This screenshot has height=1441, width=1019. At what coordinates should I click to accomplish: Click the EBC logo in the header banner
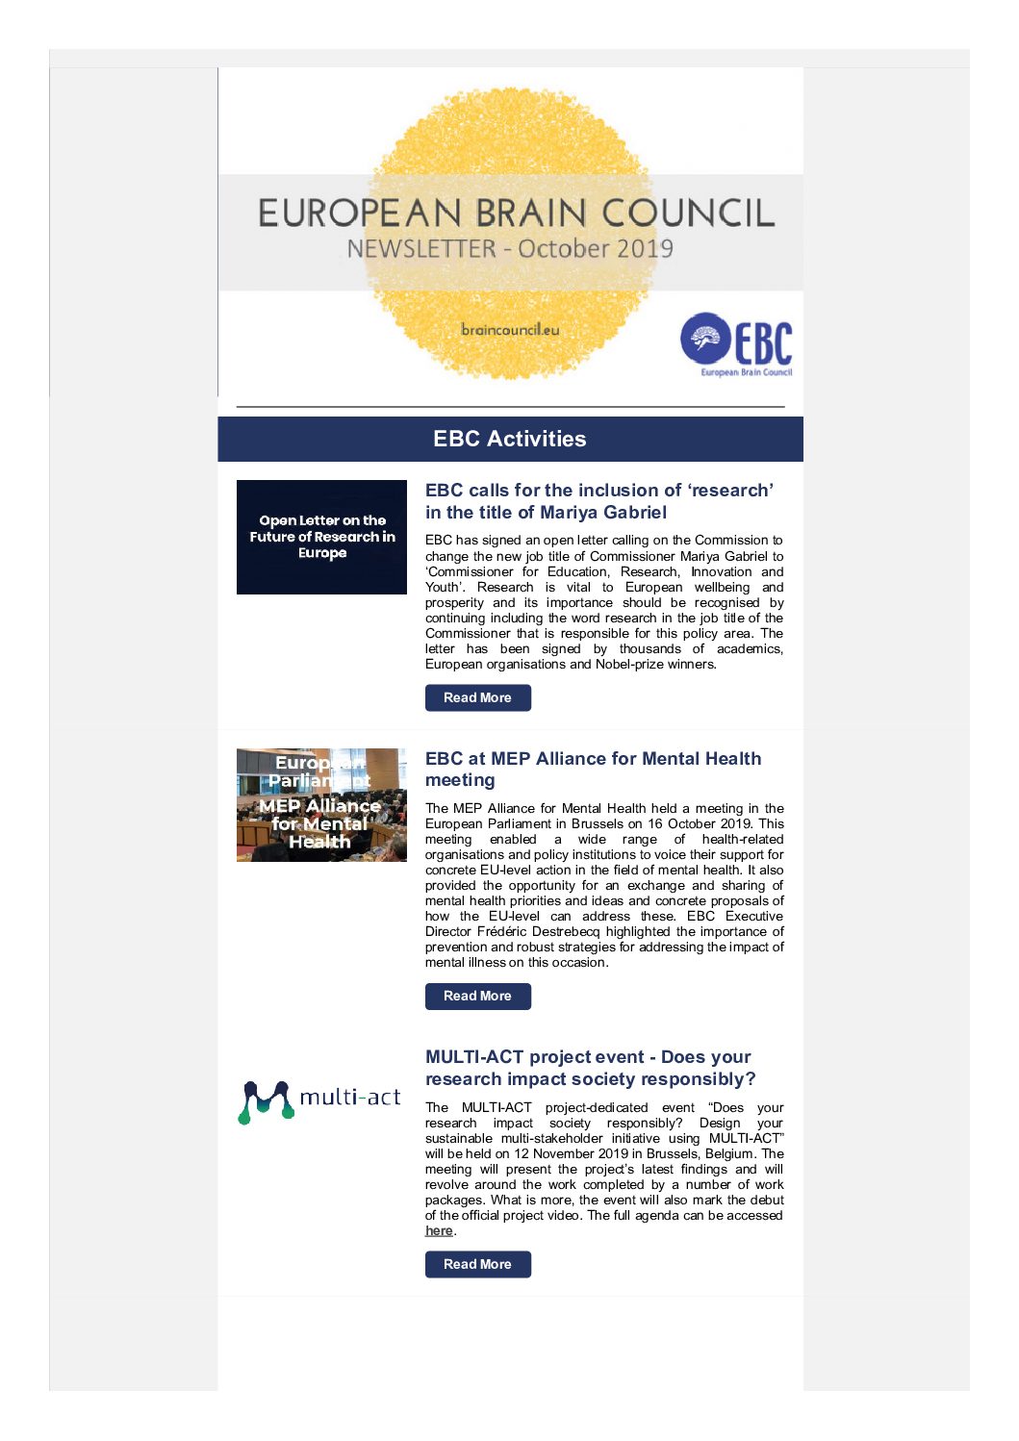coord(737,344)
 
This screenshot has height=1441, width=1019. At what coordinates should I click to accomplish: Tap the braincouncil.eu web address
coord(510,330)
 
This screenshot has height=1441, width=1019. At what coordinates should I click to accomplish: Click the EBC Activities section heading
coord(510,439)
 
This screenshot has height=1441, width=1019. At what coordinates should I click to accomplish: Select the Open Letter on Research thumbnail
coord(321,537)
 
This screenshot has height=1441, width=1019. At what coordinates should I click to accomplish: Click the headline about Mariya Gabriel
coord(599,501)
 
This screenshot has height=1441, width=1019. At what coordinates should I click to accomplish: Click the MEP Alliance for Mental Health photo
coord(321,805)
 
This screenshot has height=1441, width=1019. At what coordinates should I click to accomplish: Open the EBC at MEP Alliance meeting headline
coord(593,769)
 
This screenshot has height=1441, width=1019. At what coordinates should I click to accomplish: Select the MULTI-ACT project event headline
coord(590,1068)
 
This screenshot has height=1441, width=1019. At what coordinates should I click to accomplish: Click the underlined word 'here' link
coord(439,1230)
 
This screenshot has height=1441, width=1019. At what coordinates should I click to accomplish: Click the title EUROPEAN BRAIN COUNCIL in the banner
coord(516,214)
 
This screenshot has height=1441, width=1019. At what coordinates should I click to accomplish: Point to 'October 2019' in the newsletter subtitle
coord(596,249)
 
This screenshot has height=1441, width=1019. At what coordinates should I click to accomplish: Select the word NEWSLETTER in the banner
coord(421,249)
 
